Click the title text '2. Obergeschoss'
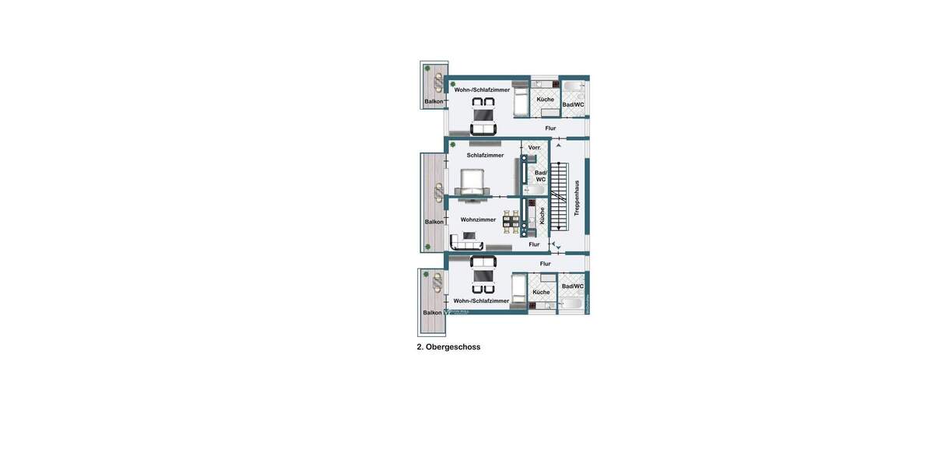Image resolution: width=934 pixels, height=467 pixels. point(448,347)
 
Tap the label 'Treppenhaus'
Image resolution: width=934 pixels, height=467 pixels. point(577,198)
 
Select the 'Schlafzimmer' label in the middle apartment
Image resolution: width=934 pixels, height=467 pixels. point(485,155)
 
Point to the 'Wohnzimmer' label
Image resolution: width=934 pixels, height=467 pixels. point(478,219)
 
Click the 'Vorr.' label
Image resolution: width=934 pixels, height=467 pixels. point(535,147)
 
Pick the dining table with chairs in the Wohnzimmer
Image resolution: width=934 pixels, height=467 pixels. point(511,223)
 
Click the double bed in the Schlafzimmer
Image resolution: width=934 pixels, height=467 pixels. point(474,183)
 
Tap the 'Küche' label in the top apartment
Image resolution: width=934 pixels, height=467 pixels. point(545,99)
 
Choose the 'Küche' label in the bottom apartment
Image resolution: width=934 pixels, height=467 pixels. point(541,292)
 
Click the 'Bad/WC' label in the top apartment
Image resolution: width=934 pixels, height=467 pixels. point(573,104)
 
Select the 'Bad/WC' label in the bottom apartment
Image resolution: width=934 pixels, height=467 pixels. point(573,286)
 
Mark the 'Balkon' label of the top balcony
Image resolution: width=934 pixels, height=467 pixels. point(434,101)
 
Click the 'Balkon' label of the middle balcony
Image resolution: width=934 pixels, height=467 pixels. point(434,222)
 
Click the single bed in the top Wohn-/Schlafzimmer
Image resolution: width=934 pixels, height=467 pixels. point(521,100)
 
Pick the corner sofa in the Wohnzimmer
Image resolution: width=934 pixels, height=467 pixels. point(465,244)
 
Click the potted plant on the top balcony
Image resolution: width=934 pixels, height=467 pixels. point(427,68)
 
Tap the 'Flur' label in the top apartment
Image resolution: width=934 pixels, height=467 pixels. point(550,128)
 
